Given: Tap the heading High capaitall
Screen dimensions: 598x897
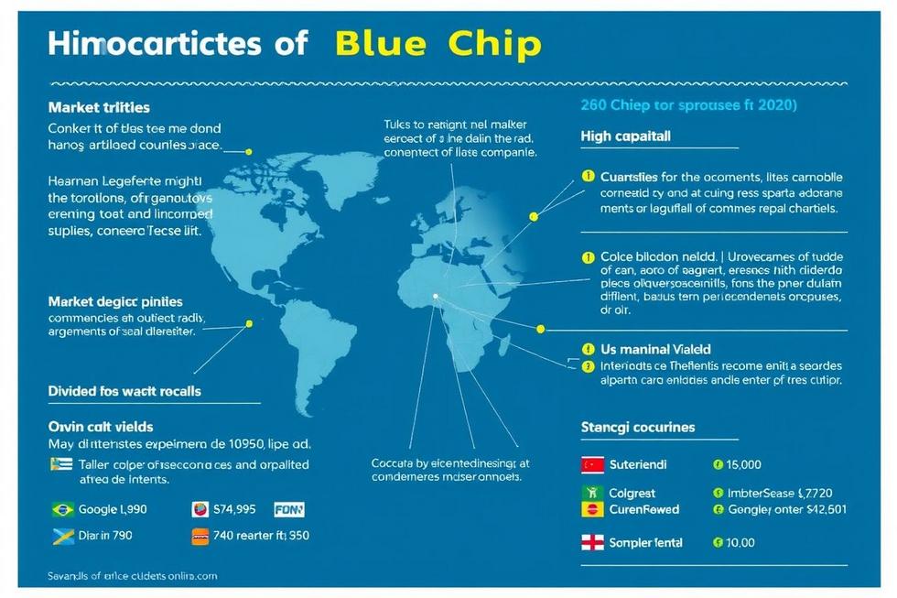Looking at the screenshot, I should (625, 136).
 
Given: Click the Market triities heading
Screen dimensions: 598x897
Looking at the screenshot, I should (99, 108).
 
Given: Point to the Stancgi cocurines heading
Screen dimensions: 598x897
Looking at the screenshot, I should (638, 427).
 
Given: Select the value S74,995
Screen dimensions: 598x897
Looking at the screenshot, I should (234, 509).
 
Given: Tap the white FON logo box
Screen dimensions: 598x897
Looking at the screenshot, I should (288, 509).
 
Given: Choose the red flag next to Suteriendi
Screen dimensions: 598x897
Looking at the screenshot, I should (592, 465).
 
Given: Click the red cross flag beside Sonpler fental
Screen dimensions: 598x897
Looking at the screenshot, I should (592, 542).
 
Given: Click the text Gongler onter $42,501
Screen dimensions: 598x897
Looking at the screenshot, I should (786, 509).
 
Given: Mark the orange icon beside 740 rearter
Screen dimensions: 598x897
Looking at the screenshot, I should (200, 537).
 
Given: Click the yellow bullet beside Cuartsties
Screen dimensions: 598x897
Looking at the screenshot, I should (588, 176).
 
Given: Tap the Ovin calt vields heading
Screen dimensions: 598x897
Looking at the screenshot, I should (101, 426).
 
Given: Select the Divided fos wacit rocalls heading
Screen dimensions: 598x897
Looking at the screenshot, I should (124, 390).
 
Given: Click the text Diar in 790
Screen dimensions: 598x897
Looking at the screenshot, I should (105, 537).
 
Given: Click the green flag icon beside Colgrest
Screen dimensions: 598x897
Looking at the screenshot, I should (592, 493).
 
